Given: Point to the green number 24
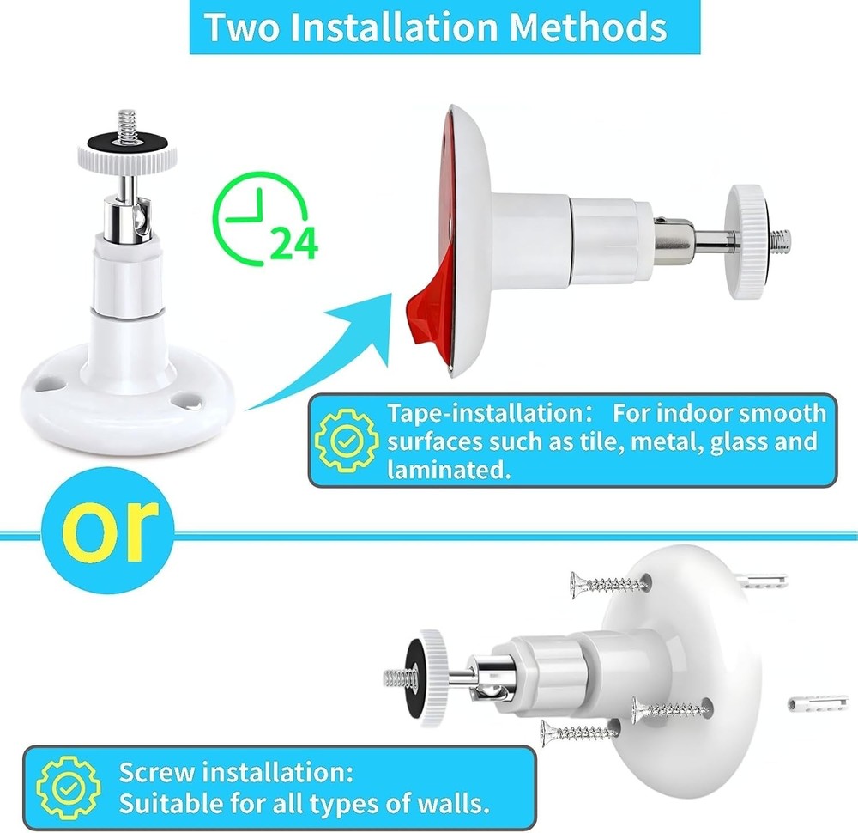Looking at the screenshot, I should pyautogui.click(x=293, y=245).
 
